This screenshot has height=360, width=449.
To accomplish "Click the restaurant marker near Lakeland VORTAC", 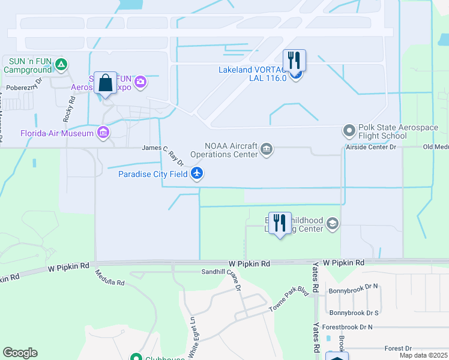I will pos(294,61).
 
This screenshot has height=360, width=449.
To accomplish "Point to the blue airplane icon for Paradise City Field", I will pos(197,174).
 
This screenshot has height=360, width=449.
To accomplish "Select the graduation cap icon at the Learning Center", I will pos(333,224).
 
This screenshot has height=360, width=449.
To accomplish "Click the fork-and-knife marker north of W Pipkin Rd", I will pos(279,223).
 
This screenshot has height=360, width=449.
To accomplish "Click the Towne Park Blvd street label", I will pos(286,301).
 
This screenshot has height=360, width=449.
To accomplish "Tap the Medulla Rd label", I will pos(109,277).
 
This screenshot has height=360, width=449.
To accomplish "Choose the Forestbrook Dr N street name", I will pos(347,327).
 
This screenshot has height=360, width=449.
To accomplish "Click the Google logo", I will pos(20,352).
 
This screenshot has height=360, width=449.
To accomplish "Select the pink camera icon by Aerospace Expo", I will pos(140,82).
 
